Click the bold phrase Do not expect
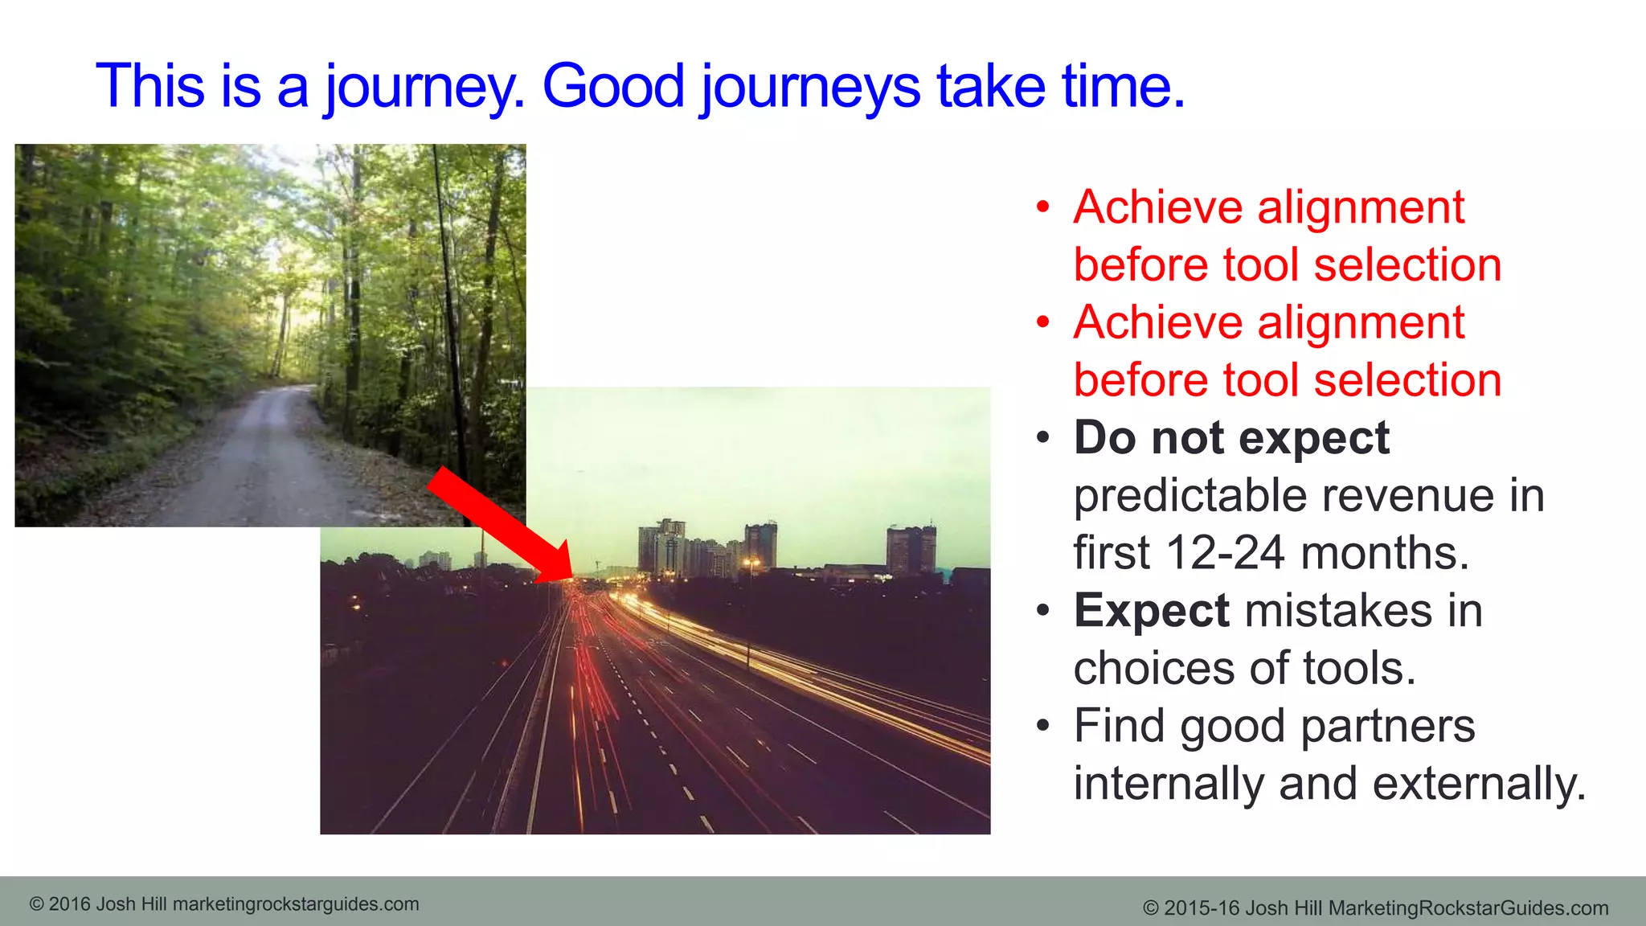(1231, 438)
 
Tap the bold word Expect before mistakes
(1151, 611)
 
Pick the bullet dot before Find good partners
(1042, 727)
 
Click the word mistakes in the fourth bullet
(1339, 611)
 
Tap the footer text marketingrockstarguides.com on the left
(296, 904)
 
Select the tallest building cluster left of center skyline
(661, 547)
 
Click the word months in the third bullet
(1384, 553)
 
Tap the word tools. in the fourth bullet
(1358, 669)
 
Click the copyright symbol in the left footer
(36, 904)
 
